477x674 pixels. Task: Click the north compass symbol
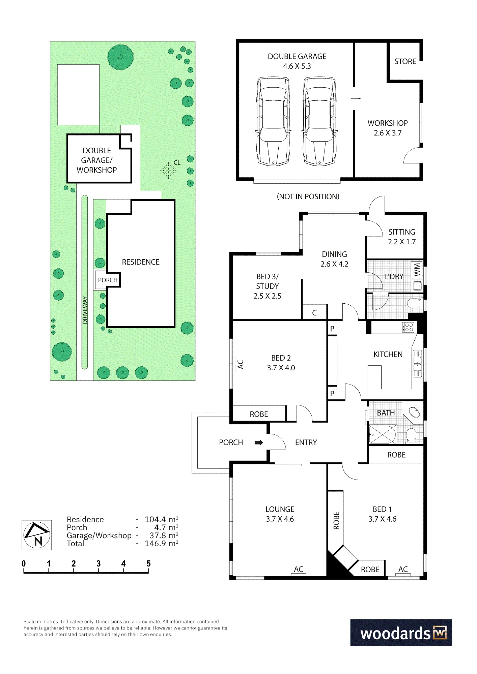[x=37, y=535]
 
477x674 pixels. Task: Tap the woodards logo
[x=401, y=633]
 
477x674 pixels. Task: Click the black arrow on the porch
[x=259, y=442]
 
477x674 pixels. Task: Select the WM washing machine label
[x=417, y=270]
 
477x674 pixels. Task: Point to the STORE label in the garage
[x=405, y=61]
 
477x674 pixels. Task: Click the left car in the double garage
[x=273, y=121]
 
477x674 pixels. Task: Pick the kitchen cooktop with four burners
[x=408, y=327]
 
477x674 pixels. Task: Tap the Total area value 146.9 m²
[x=162, y=544]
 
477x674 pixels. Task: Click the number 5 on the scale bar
[x=148, y=563]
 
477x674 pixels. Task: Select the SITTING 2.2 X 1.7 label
[x=402, y=237]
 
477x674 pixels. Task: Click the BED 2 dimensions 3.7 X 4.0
[x=281, y=368]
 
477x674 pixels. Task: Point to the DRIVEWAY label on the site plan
[x=85, y=310]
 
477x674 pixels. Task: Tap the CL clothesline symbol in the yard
[x=169, y=171]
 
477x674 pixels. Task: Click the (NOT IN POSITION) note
[x=308, y=196]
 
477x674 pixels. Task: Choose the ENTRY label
[x=306, y=442]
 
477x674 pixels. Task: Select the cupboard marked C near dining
[x=314, y=312]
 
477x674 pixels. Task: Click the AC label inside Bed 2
[x=241, y=364]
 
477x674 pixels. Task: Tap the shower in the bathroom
[x=383, y=434]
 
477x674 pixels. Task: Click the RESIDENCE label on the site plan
[x=141, y=262]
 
